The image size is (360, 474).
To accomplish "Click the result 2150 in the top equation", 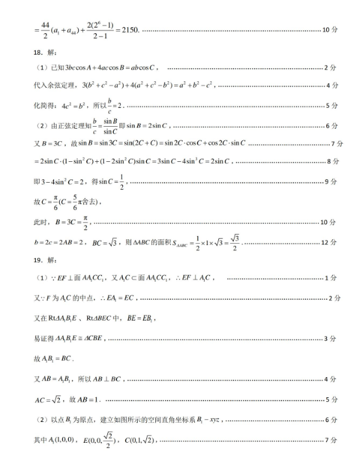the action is [126, 31].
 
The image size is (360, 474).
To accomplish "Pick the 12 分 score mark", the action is [329, 243].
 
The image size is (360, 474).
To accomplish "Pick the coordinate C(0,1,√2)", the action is [134, 440].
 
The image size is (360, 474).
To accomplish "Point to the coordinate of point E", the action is [99, 440].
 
